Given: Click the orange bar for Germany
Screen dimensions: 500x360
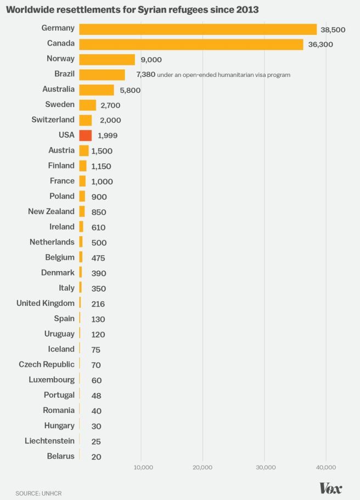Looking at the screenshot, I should pos(198,29).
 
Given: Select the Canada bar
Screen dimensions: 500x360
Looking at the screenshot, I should pos(191,44).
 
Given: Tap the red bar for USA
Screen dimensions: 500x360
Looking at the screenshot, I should pos(85,135).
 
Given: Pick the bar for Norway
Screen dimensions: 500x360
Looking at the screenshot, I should pos(107,60).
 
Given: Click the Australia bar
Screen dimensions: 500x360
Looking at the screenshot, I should pos(97,90).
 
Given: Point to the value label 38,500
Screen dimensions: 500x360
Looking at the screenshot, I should pos(333,30).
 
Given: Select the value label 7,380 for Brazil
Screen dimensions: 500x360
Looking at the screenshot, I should pos(145,75).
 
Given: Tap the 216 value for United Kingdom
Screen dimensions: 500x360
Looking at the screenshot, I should pos(98,304).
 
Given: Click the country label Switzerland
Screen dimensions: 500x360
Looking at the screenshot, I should pos(53,120).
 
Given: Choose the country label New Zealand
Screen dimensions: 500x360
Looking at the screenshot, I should pos(51,211).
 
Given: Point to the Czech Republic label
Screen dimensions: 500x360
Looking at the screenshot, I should pos(47,364).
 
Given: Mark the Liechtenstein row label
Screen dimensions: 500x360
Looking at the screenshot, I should pos(49,441).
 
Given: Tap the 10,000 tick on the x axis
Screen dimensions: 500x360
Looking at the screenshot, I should pos(143,467).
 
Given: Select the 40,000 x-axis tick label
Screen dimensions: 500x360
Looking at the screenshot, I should pos(326,467).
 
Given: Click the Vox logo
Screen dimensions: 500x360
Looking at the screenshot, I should pos(330,488).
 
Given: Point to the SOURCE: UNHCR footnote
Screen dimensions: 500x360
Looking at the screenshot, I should pos(38,493).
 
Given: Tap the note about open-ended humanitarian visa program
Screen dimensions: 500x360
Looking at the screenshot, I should pos(224,75).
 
